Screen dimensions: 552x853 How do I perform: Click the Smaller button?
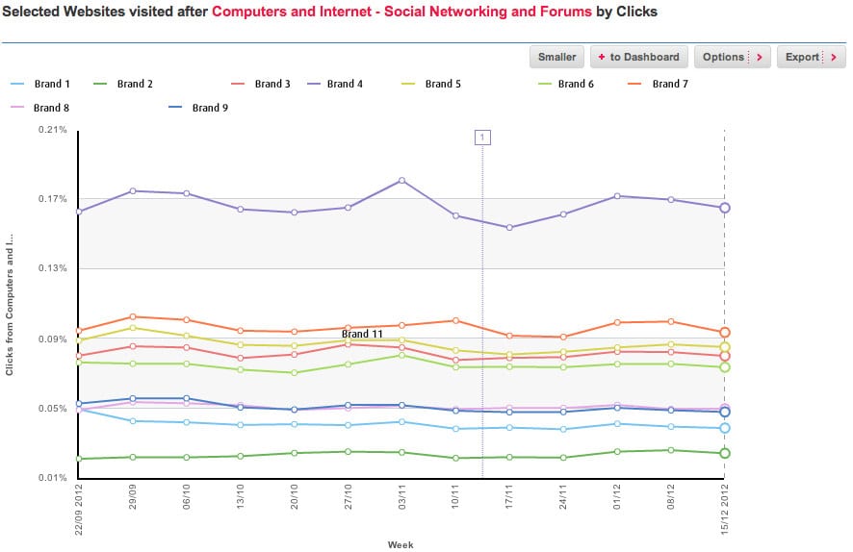tap(557, 57)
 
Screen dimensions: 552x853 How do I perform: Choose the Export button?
tap(811, 57)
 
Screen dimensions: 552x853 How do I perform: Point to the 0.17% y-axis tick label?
tap(53, 199)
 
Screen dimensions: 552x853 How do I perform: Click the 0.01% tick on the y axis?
tap(53, 478)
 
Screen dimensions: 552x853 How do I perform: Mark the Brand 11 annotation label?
tap(363, 334)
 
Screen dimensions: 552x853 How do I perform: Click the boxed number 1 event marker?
tap(482, 138)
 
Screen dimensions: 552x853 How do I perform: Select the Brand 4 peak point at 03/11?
tap(401, 181)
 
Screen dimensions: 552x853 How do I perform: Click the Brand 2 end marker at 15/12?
tap(725, 453)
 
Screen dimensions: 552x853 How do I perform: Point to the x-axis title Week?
tap(401, 544)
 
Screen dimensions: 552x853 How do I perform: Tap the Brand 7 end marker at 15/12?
tap(725, 332)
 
